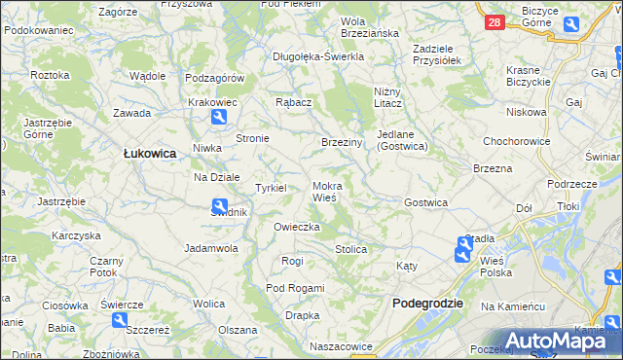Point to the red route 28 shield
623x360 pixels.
(x=495, y=22)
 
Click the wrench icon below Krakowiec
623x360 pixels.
(x=218, y=118)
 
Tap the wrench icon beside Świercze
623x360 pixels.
(x=120, y=320)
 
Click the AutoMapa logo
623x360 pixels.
(x=550, y=341)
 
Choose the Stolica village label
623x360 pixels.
(x=350, y=250)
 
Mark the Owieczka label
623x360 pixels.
(x=297, y=227)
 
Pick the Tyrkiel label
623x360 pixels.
(x=270, y=188)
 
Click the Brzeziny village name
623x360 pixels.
(x=342, y=142)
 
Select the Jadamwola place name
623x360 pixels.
(x=211, y=248)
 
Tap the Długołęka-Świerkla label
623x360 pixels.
(x=318, y=56)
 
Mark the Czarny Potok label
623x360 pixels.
(x=105, y=267)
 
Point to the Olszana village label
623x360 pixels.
(x=238, y=330)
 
